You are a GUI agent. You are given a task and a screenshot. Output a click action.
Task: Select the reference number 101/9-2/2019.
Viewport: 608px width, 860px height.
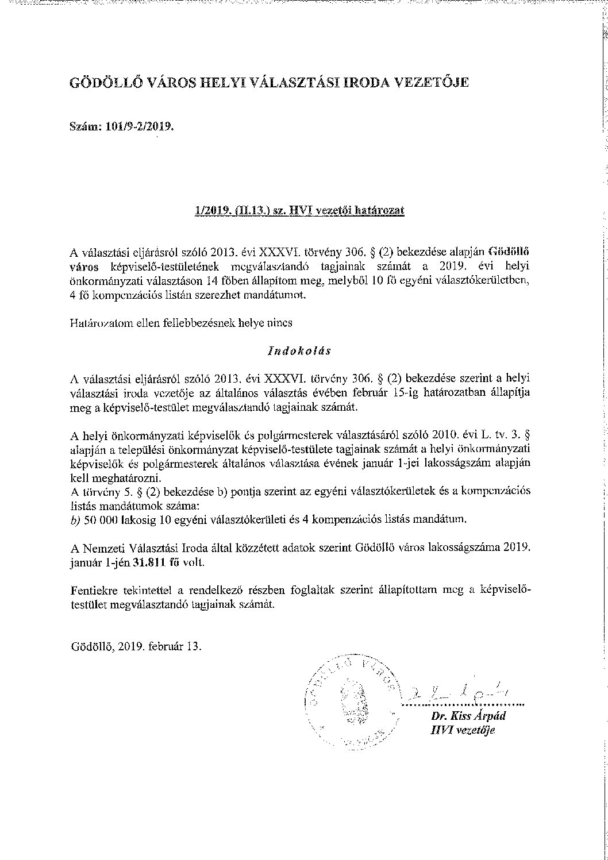tap(139, 128)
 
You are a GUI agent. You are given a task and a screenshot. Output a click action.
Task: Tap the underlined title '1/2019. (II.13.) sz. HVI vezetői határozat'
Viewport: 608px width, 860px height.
tap(299, 210)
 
